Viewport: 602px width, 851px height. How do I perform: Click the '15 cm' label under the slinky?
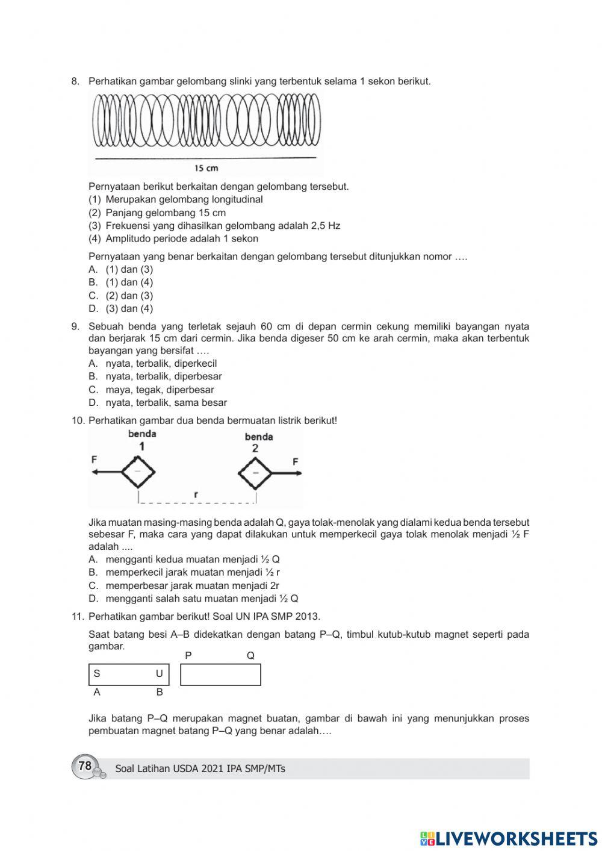(x=206, y=168)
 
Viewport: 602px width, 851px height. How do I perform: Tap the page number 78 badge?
(x=85, y=766)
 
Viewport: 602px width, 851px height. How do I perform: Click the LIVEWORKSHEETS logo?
(x=509, y=838)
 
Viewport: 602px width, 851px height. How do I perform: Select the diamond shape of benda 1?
(x=138, y=472)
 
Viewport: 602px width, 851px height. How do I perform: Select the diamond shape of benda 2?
(x=256, y=473)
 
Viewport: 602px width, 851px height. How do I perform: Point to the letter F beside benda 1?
(x=95, y=460)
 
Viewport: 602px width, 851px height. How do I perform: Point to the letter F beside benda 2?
(x=295, y=462)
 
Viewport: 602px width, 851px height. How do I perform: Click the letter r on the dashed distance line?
(x=196, y=494)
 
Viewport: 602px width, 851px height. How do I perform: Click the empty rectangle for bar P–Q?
(x=220, y=675)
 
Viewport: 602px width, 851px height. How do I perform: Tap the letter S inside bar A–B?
(x=97, y=674)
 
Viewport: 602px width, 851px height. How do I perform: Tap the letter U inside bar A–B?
(x=159, y=674)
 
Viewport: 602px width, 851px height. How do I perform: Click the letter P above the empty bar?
(x=188, y=655)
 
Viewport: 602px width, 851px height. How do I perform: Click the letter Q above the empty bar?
(x=250, y=655)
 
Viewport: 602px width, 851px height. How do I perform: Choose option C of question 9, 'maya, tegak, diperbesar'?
(x=160, y=390)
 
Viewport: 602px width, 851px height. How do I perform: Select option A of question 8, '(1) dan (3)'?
(x=129, y=269)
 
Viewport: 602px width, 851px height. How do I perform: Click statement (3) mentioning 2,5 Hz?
(x=222, y=226)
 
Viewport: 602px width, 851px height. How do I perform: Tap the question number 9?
(x=75, y=326)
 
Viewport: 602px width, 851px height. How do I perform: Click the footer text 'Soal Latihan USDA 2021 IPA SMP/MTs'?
(x=200, y=768)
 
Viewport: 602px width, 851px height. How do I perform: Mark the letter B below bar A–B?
(x=160, y=693)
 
